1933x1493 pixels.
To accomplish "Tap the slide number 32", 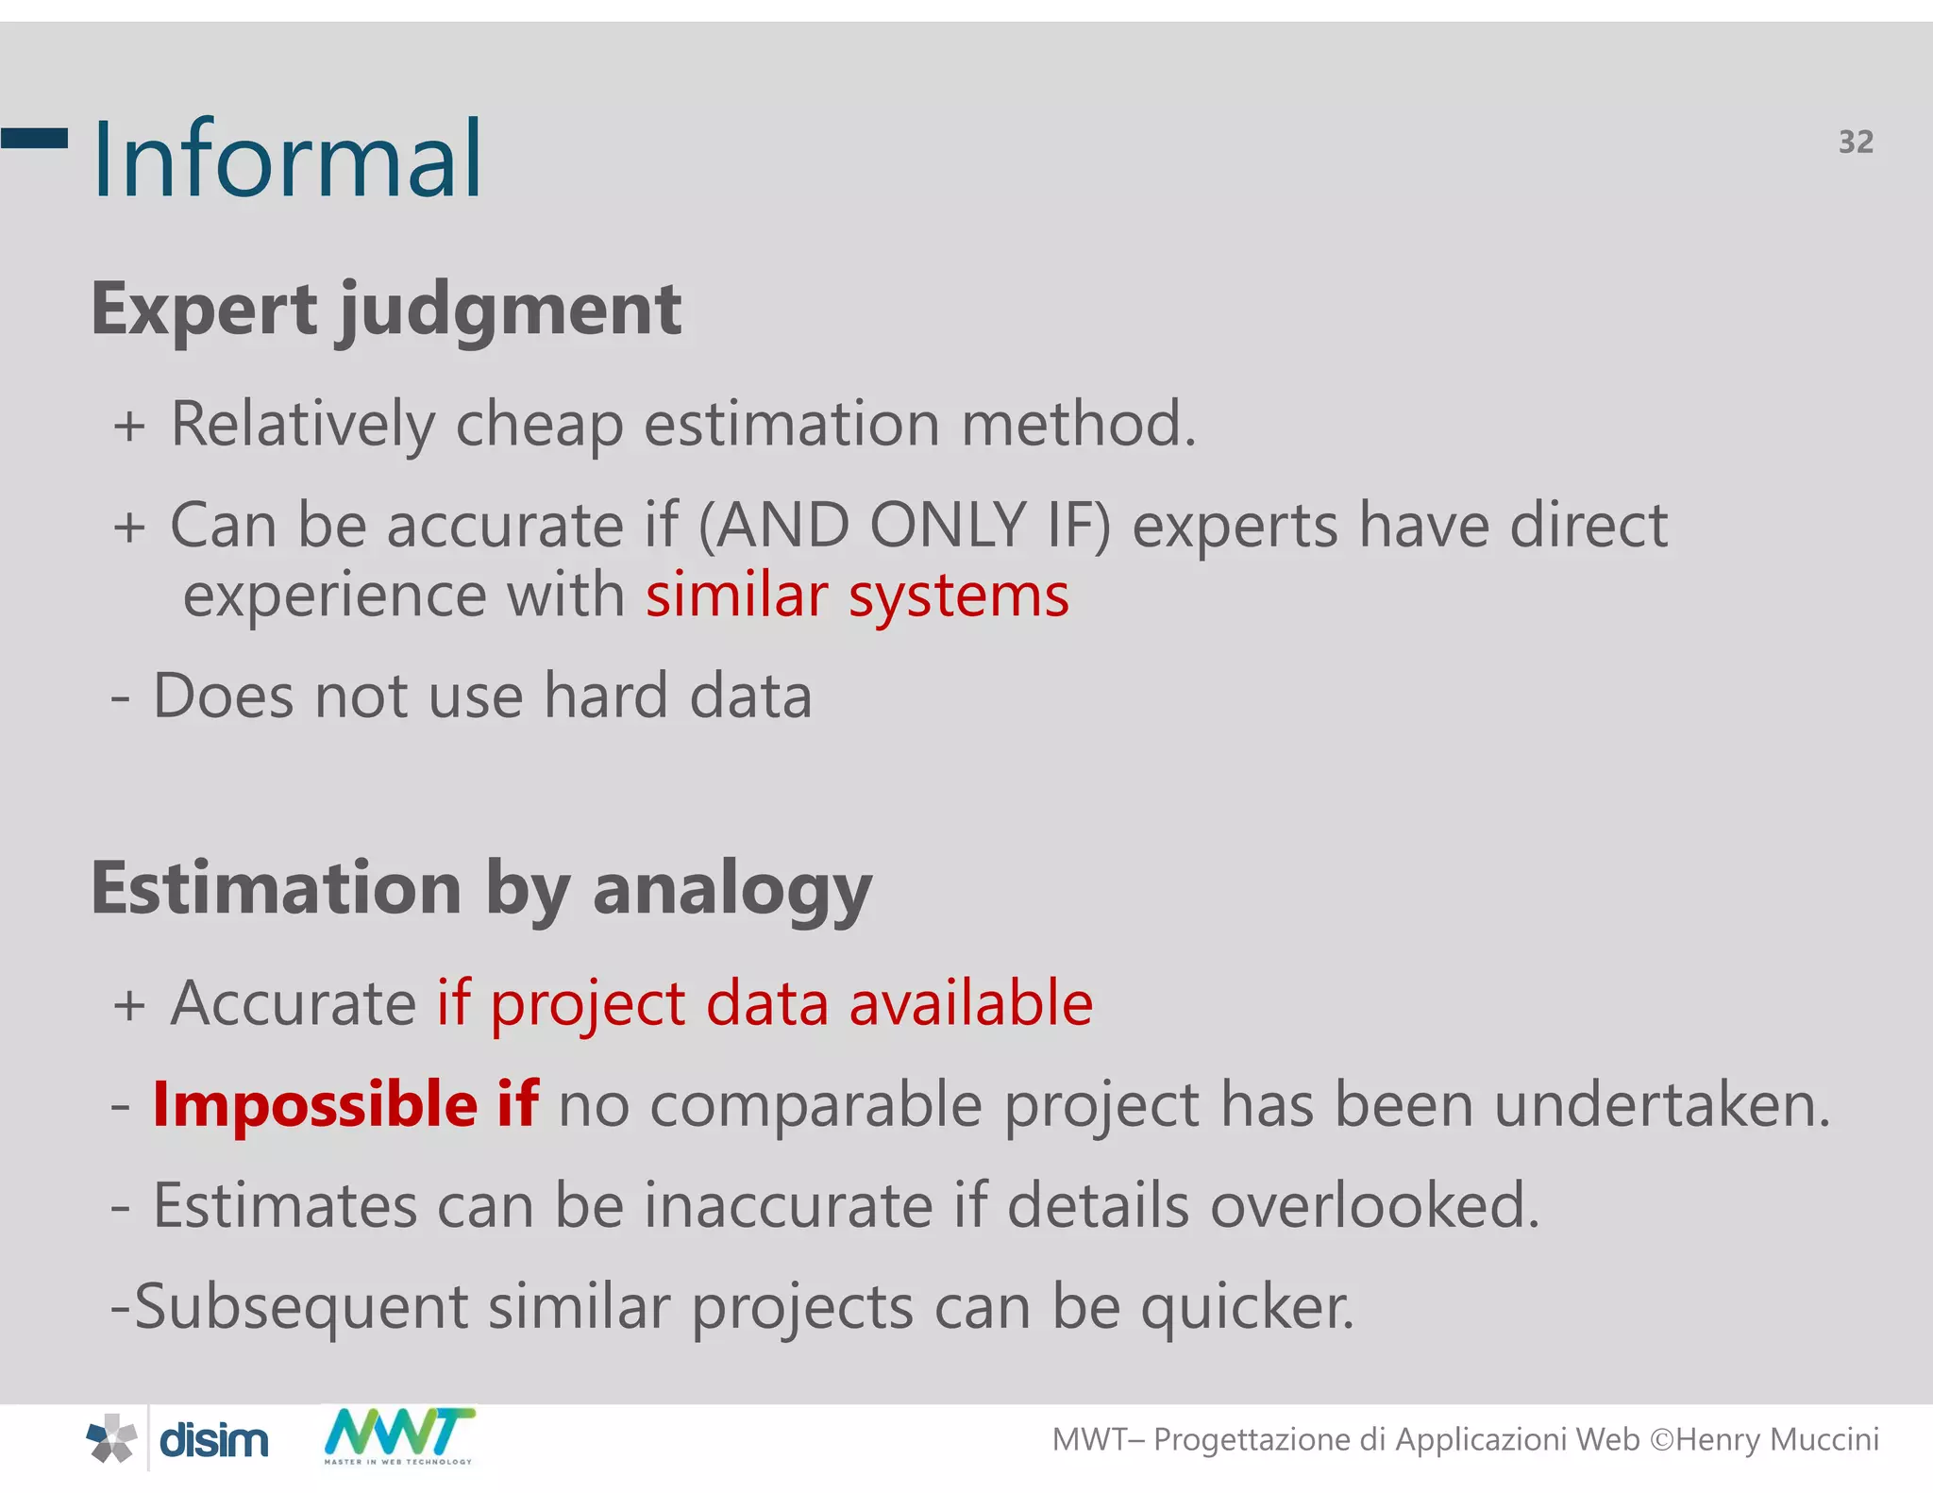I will coord(1856,142).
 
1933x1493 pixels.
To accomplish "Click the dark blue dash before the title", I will coord(34,138).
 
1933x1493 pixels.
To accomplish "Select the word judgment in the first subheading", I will coord(510,311).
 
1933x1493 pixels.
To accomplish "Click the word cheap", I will coord(539,424).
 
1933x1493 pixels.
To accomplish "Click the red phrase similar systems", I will coord(857,596).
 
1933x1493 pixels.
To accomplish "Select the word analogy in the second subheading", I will coord(731,891).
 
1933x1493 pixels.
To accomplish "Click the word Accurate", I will coord(293,1002).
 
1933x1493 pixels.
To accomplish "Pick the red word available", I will coord(970,1002).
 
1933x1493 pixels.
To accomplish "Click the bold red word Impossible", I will coord(315,1104).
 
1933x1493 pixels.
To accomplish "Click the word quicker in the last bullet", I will coord(1248,1308).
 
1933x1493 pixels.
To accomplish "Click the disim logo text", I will coord(214,1440).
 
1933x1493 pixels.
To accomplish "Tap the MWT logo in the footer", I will coord(398,1434).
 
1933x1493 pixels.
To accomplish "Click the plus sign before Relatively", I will coord(129,426).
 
